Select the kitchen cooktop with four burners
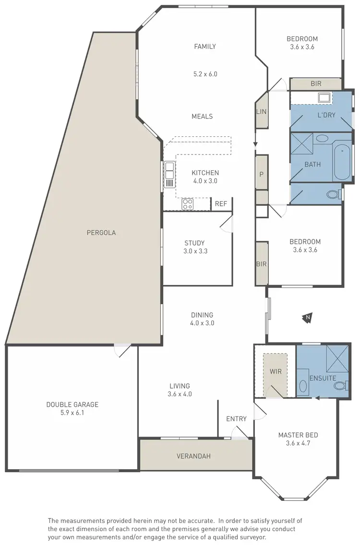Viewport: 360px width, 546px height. (187, 205)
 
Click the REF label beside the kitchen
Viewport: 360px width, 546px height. (221, 204)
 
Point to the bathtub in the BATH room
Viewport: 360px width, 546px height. (342, 161)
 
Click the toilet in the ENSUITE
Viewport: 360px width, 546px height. (340, 385)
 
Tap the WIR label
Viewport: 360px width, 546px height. (275, 371)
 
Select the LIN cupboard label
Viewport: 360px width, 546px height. (262, 112)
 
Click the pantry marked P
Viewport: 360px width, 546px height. (262, 174)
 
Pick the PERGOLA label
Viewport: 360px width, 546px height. (101, 233)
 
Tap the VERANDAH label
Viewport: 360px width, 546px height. (193, 456)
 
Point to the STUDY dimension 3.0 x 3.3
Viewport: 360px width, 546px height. (194, 250)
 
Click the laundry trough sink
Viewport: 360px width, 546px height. (324, 98)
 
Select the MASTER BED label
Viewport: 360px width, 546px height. (298, 435)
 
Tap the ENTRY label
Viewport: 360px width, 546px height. (236, 419)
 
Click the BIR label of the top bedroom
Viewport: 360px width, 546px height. (316, 83)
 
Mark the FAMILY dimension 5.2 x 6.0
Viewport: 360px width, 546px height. (205, 74)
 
